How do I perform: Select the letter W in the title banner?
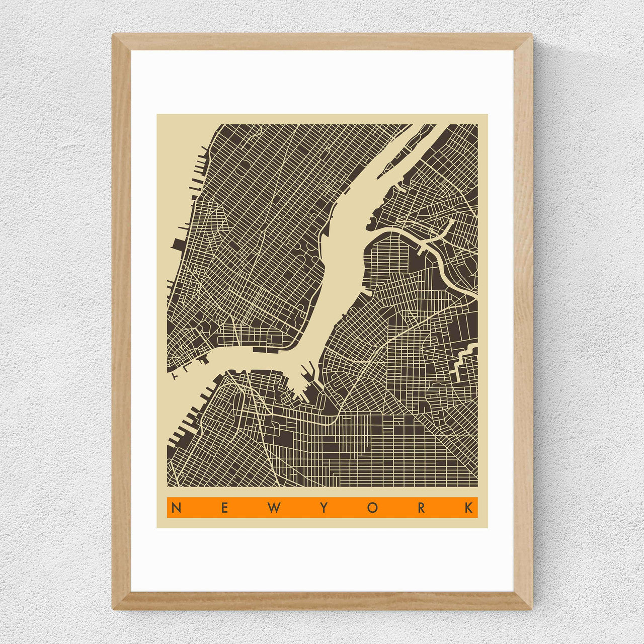(x=274, y=508)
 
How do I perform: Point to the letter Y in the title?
(x=324, y=508)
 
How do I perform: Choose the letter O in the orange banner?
(x=372, y=508)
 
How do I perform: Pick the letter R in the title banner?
(x=421, y=508)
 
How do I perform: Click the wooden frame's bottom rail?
(x=322, y=601)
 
